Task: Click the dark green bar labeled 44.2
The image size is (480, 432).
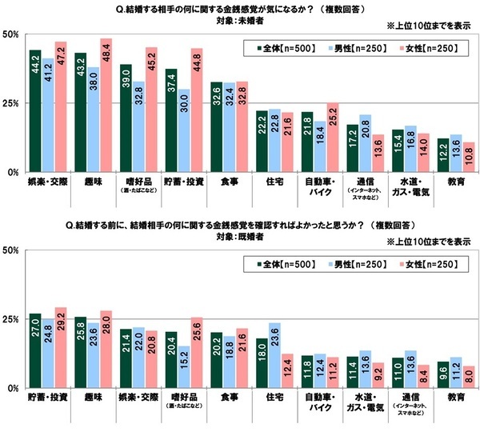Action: pyautogui.click(x=35, y=112)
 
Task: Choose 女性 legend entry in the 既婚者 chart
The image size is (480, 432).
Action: pyautogui.click(x=432, y=263)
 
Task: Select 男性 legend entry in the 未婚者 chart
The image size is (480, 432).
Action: pyautogui.click(x=358, y=49)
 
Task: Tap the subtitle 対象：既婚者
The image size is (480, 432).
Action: pyautogui.click(x=240, y=237)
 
